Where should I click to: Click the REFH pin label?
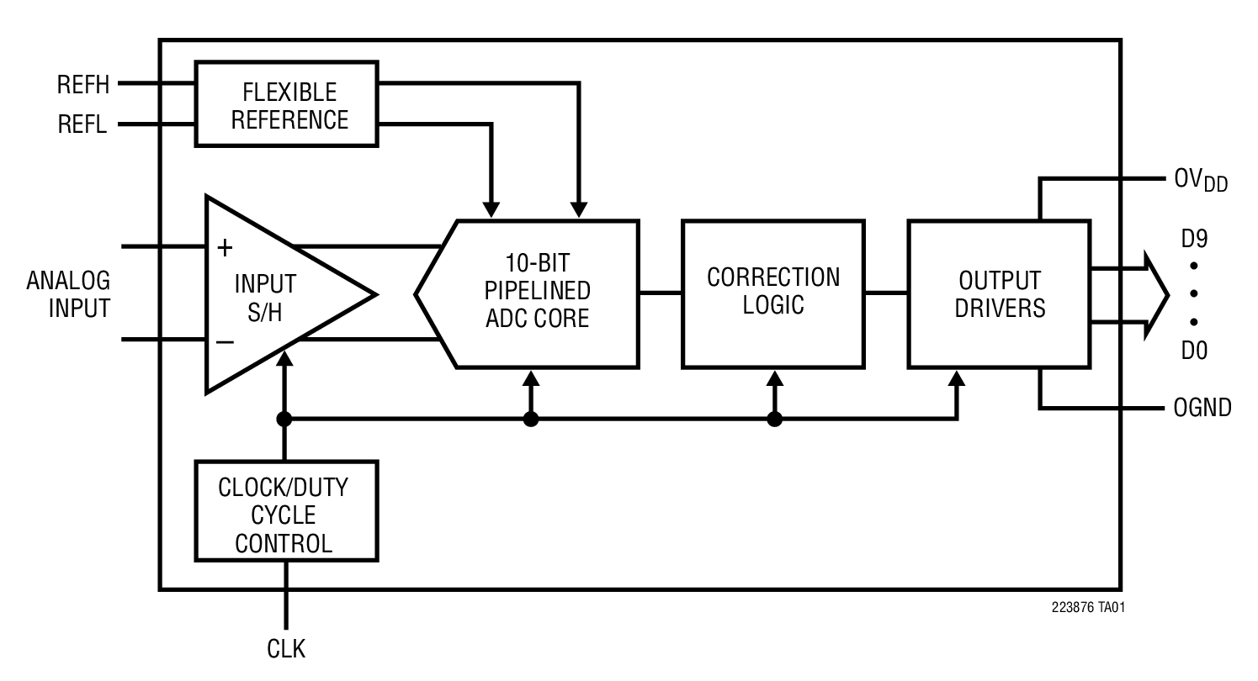click(x=83, y=85)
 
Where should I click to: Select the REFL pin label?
click(x=82, y=126)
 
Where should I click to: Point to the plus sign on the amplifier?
click(x=225, y=248)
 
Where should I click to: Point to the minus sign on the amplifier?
click(x=225, y=341)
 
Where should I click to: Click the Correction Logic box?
click(x=772, y=293)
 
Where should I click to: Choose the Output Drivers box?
click(x=999, y=293)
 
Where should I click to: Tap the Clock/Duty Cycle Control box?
click(x=286, y=510)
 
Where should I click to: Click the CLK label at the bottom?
click(x=286, y=649)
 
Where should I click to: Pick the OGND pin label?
click(x=1202, y=409)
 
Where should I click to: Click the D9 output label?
click(x=1194, y=240)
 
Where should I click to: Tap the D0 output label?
click(x=1194, y=350)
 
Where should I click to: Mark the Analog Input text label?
click(x=68, y=294)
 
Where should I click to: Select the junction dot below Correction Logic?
click(x=775, y=419)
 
